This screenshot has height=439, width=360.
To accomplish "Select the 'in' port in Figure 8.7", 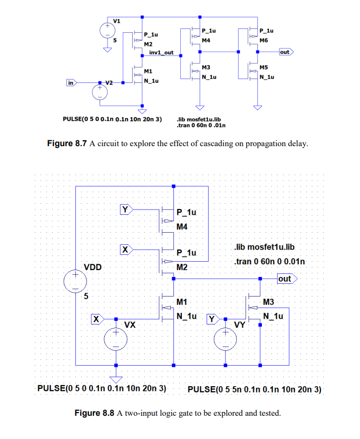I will click(x=71, y=83).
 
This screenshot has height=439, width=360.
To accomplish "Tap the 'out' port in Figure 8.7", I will click(x=285, y=52).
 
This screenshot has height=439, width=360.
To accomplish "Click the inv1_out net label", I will click(x=161, y=53).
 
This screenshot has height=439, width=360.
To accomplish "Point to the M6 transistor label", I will click(x=264, y=40).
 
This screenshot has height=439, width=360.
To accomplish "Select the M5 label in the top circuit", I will click(x=264, y=68).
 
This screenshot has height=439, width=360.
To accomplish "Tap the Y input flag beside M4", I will click(x=125, y=209).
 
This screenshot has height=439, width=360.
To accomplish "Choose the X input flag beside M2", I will click(x=125, y=249).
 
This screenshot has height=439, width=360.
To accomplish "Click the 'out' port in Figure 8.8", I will click(x=285, y=279).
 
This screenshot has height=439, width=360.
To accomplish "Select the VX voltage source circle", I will click(x=115, y=339).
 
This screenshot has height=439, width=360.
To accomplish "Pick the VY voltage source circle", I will click(x=226, y=339).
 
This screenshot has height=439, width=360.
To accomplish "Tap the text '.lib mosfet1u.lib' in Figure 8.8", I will click(x=263, y=247).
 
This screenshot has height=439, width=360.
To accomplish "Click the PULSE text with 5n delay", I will click(x=254, y=390).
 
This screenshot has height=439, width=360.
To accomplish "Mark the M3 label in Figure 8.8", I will click(x=269, y=302).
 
